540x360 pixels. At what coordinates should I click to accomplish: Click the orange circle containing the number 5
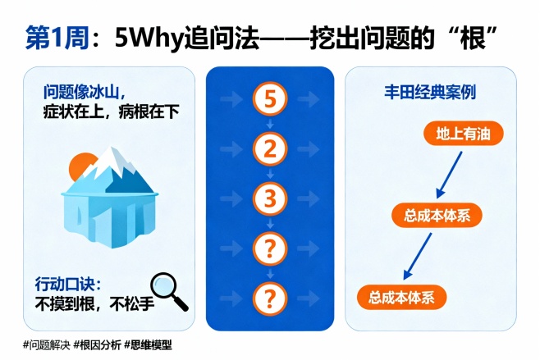coord(269,100)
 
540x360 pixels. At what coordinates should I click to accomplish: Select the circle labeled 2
coord(269,149)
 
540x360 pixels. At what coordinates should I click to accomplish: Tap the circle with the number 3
coord(269,198)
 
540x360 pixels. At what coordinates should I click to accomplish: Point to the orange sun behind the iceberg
coord(80,167)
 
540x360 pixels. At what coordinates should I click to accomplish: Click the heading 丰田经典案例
coord(442,92)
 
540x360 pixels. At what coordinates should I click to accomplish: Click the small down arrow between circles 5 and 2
coord(269,125)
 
